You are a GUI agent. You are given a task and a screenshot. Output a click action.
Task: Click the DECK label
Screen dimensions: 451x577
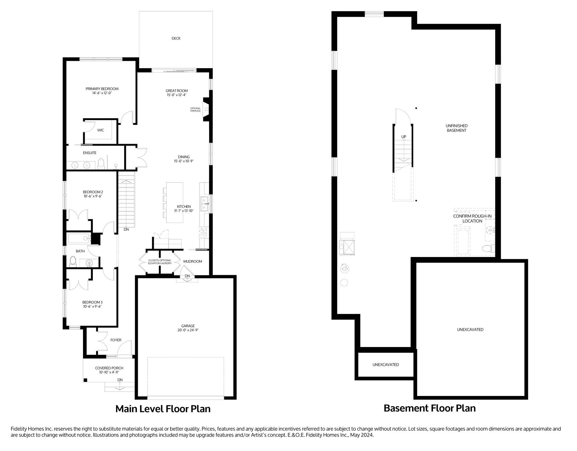tap(176, 38)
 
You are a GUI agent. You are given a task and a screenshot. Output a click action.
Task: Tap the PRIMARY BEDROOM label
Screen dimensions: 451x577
tap(102, 89)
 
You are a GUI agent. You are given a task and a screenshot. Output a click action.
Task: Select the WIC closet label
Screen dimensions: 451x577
tap(101, 130)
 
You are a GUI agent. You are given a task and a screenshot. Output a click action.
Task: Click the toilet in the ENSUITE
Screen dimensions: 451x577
tap(101, 164)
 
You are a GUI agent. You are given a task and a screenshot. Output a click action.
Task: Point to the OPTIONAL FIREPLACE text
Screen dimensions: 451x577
tap(195, 110)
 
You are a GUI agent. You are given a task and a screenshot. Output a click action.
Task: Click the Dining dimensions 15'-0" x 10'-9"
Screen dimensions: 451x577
tap(184, 161)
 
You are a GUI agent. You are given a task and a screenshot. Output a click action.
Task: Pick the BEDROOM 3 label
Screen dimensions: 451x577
tap(93, 302)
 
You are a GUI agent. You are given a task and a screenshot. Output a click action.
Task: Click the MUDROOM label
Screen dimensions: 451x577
tap(193, 261)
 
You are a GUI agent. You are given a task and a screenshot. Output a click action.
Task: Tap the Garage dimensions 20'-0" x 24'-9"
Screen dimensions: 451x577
tap(188, 330)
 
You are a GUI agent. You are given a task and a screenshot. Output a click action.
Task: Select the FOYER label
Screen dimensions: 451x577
tap(116, 340)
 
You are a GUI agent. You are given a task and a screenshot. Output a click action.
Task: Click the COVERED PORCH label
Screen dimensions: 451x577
tap(109, 368)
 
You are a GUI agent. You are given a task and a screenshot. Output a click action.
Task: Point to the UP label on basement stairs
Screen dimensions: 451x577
tap(404, 137)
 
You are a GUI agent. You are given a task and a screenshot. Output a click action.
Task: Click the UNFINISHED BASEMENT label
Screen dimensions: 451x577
tap(456, 128)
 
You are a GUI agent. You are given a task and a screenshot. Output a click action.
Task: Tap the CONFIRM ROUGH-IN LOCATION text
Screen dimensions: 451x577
tap(472, 219)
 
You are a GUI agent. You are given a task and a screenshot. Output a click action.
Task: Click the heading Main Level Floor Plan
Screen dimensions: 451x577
tap(163, 409)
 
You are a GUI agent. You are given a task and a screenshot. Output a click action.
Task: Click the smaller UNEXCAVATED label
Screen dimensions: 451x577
tap(386, 365)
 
